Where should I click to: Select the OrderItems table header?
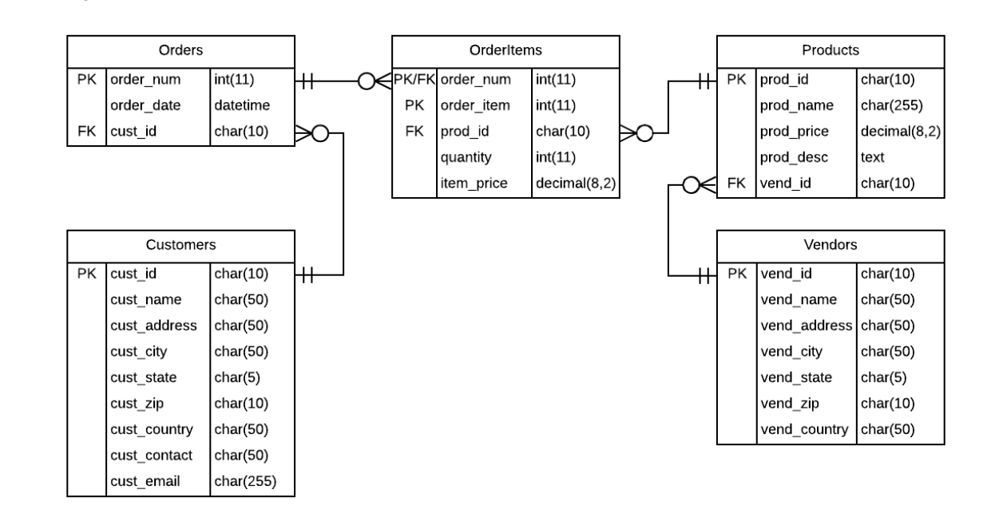(x=505, y=50)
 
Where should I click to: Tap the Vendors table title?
(x=830, y=245)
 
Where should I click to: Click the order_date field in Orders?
(x=145, y=105)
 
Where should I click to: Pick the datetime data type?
(x=242, y=105)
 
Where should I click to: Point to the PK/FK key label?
(x=414, y=80)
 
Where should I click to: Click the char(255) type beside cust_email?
(x=245, y=481)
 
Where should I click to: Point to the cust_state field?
(x=144, y=377)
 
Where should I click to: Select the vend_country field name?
(x=804, y=429)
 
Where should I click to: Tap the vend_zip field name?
(x=786, y=404)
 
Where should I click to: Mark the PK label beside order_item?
(x=414, y=105)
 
